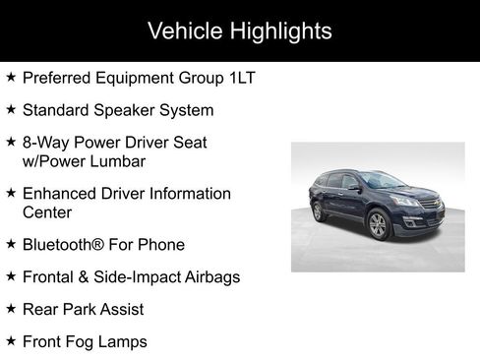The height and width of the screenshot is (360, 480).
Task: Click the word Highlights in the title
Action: point(281,30)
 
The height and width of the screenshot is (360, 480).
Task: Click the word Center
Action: point(47,211)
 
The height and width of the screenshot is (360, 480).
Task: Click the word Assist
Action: point(119,309)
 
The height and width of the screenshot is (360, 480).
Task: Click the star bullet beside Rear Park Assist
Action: point(11,308)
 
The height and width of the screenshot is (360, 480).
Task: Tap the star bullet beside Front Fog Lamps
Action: point(11,340)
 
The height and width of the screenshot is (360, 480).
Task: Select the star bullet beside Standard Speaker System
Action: point(11,108)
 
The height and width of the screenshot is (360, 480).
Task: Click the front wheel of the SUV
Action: point(378,224)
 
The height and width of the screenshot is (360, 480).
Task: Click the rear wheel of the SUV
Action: point(317,210)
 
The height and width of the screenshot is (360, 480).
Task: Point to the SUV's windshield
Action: point(378,181)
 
